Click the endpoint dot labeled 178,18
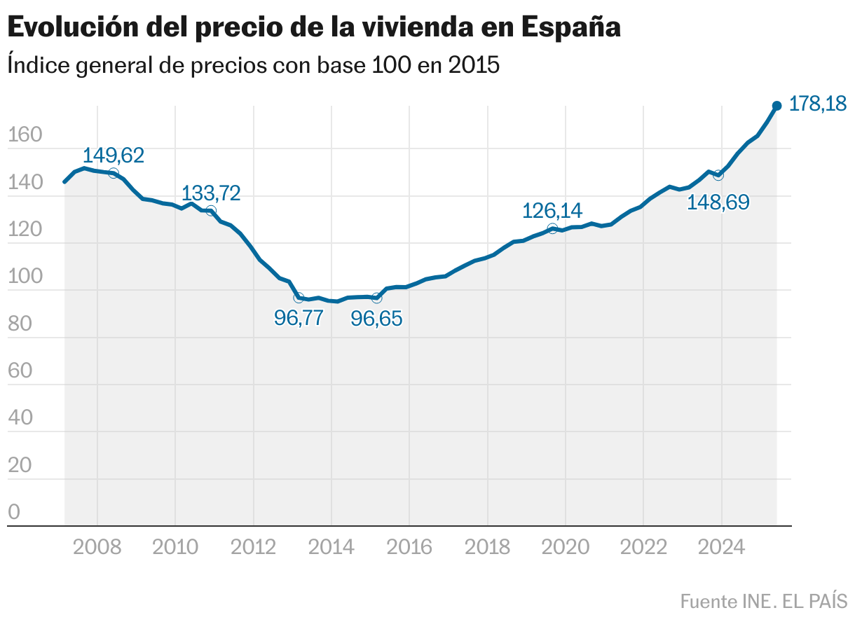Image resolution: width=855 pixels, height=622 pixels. click(777, 106)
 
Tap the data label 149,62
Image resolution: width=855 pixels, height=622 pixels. click(114, 155)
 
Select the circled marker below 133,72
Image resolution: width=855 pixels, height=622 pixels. click(211, 211)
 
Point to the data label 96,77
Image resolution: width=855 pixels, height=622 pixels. click(299, 318)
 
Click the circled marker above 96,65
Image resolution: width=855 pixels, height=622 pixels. click(376, 298)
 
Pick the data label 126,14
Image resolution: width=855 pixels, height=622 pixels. click(552, 210)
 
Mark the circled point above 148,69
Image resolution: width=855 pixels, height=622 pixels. click(718, 175)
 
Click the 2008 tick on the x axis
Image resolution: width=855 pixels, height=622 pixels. click(97, 546)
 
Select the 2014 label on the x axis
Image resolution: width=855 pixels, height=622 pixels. click(331, 546)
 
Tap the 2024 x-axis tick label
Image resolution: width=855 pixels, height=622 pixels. click(721, 546)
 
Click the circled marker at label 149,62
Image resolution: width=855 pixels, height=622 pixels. click(114, 173)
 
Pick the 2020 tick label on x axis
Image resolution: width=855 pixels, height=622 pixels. click(565, 546)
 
